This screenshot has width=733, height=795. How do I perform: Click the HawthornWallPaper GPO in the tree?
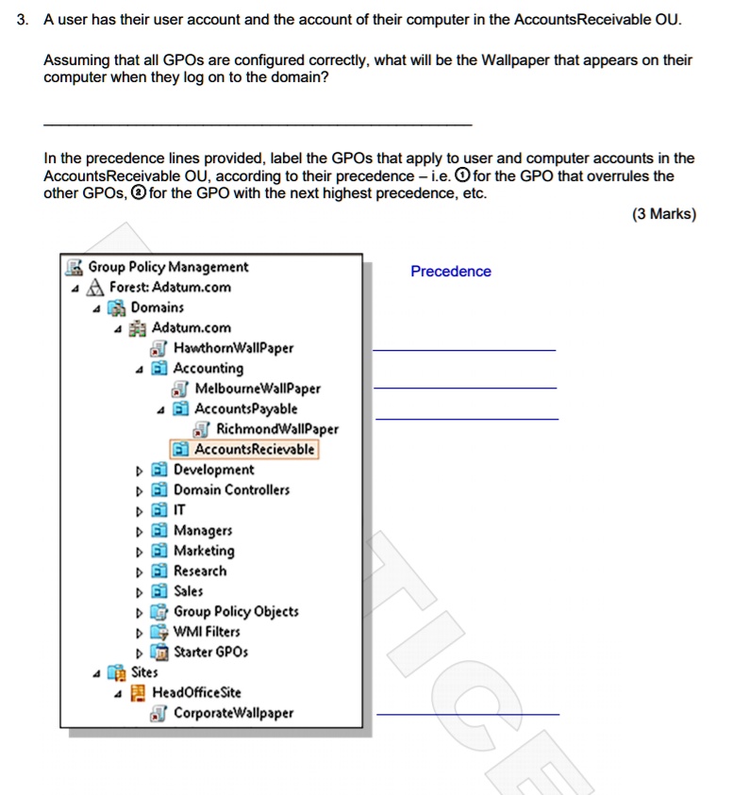coord(233,348)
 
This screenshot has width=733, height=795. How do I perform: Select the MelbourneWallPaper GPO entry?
coord(258,389)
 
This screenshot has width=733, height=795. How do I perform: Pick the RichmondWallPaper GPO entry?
coord(277,429)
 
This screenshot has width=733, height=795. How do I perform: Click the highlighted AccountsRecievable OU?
coord(254,449)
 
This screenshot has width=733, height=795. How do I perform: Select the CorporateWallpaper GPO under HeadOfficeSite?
coord(233,713)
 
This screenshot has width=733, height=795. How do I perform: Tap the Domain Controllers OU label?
coord(231,489)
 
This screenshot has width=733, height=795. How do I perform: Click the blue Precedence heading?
coord(451,272)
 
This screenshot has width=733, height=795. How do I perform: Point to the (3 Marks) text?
coord(664,214)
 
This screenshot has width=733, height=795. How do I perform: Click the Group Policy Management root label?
coord(168,267)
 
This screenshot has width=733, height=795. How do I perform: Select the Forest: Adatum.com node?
coord(170,288)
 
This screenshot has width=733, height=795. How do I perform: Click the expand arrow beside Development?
coord(140,470)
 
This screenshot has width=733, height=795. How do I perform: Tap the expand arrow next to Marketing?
coord(140,551)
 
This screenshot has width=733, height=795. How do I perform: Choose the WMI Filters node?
coord(207,632)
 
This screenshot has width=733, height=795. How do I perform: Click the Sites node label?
coord(144,672)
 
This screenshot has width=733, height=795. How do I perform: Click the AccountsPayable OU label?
coord(245,408)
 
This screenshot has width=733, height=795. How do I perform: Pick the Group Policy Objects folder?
coord(236,611)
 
